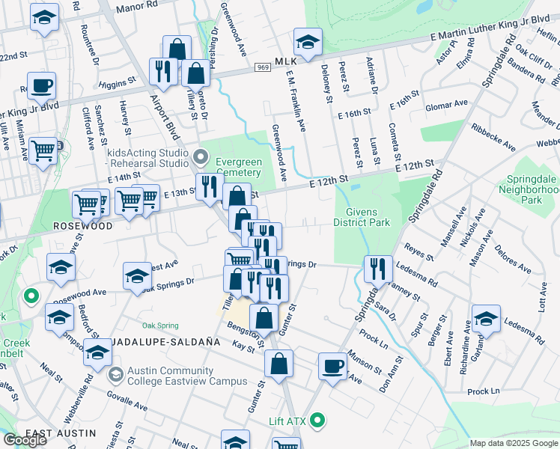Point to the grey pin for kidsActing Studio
click(199, 157)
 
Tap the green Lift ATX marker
click(317, 421)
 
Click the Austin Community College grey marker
click(115, 373)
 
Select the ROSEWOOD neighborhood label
click(82, 226)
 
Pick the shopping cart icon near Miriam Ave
click(43, 150)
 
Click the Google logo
click(25, 439)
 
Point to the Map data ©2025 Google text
click(514, 443)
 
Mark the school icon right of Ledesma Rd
click(486, 320)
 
